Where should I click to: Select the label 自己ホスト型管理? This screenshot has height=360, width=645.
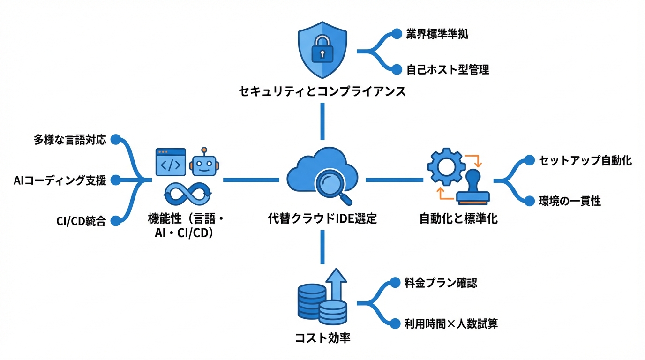tap(448, 70)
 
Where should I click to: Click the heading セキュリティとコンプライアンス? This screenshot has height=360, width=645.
tap(322, 91)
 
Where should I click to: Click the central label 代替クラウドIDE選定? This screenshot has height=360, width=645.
tap(322, 218)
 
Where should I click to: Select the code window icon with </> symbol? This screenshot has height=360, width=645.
tap(170, 162)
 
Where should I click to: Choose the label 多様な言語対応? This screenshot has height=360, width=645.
tap(70, 140)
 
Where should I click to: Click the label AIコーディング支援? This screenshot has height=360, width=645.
tap(60, 180)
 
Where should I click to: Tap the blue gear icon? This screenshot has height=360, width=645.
tap(446, 166)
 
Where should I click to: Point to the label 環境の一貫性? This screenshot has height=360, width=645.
tap(570, 202)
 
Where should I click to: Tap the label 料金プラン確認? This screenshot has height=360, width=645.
tap(441, 283)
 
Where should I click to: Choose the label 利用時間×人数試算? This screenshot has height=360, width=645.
tap(450, 323)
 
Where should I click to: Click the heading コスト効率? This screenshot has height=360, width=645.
tap(322, 338)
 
